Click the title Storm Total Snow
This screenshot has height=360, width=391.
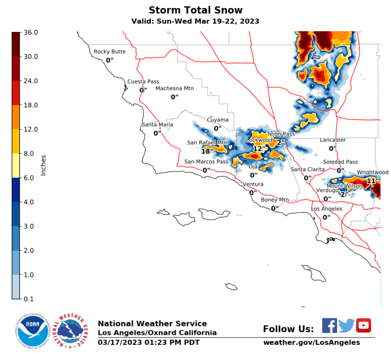(x=196, y=10)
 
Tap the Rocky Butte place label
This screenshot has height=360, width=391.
(x=110, y=52)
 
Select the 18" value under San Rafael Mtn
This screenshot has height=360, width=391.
(x=207, y=151)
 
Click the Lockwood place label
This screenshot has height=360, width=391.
(x=259, y=140)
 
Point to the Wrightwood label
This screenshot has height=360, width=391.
(x=373, y=172)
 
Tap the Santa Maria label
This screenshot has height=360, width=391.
(x=157, y=124)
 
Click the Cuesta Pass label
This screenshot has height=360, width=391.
(x=143, y=81)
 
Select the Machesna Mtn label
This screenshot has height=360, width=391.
(x=174, y=88)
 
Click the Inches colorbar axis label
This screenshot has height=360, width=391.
(x=43, y=165)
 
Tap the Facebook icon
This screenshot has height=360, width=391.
(x=330, y=325)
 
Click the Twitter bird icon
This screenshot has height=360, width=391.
(x=347, y=325)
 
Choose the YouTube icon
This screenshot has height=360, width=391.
(x=364, y=325)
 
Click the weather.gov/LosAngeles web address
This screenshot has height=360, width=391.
(x=312, y=342)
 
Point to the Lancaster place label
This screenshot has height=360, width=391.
(x=332, y=140)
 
